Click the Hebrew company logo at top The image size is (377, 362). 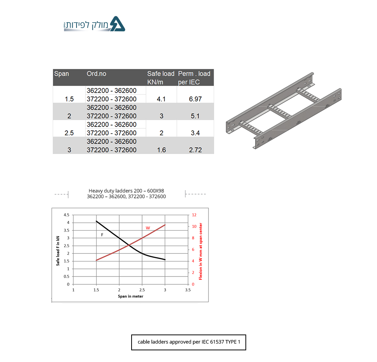94,24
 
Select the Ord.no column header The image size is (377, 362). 97,74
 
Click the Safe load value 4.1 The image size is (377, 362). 161,99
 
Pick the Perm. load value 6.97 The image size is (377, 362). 195,99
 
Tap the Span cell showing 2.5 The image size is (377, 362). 69,133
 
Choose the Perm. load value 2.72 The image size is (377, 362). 195,150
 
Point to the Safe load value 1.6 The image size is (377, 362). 161,150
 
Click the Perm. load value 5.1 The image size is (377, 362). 195,116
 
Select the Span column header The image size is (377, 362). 61,74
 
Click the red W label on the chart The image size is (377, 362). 148,228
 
